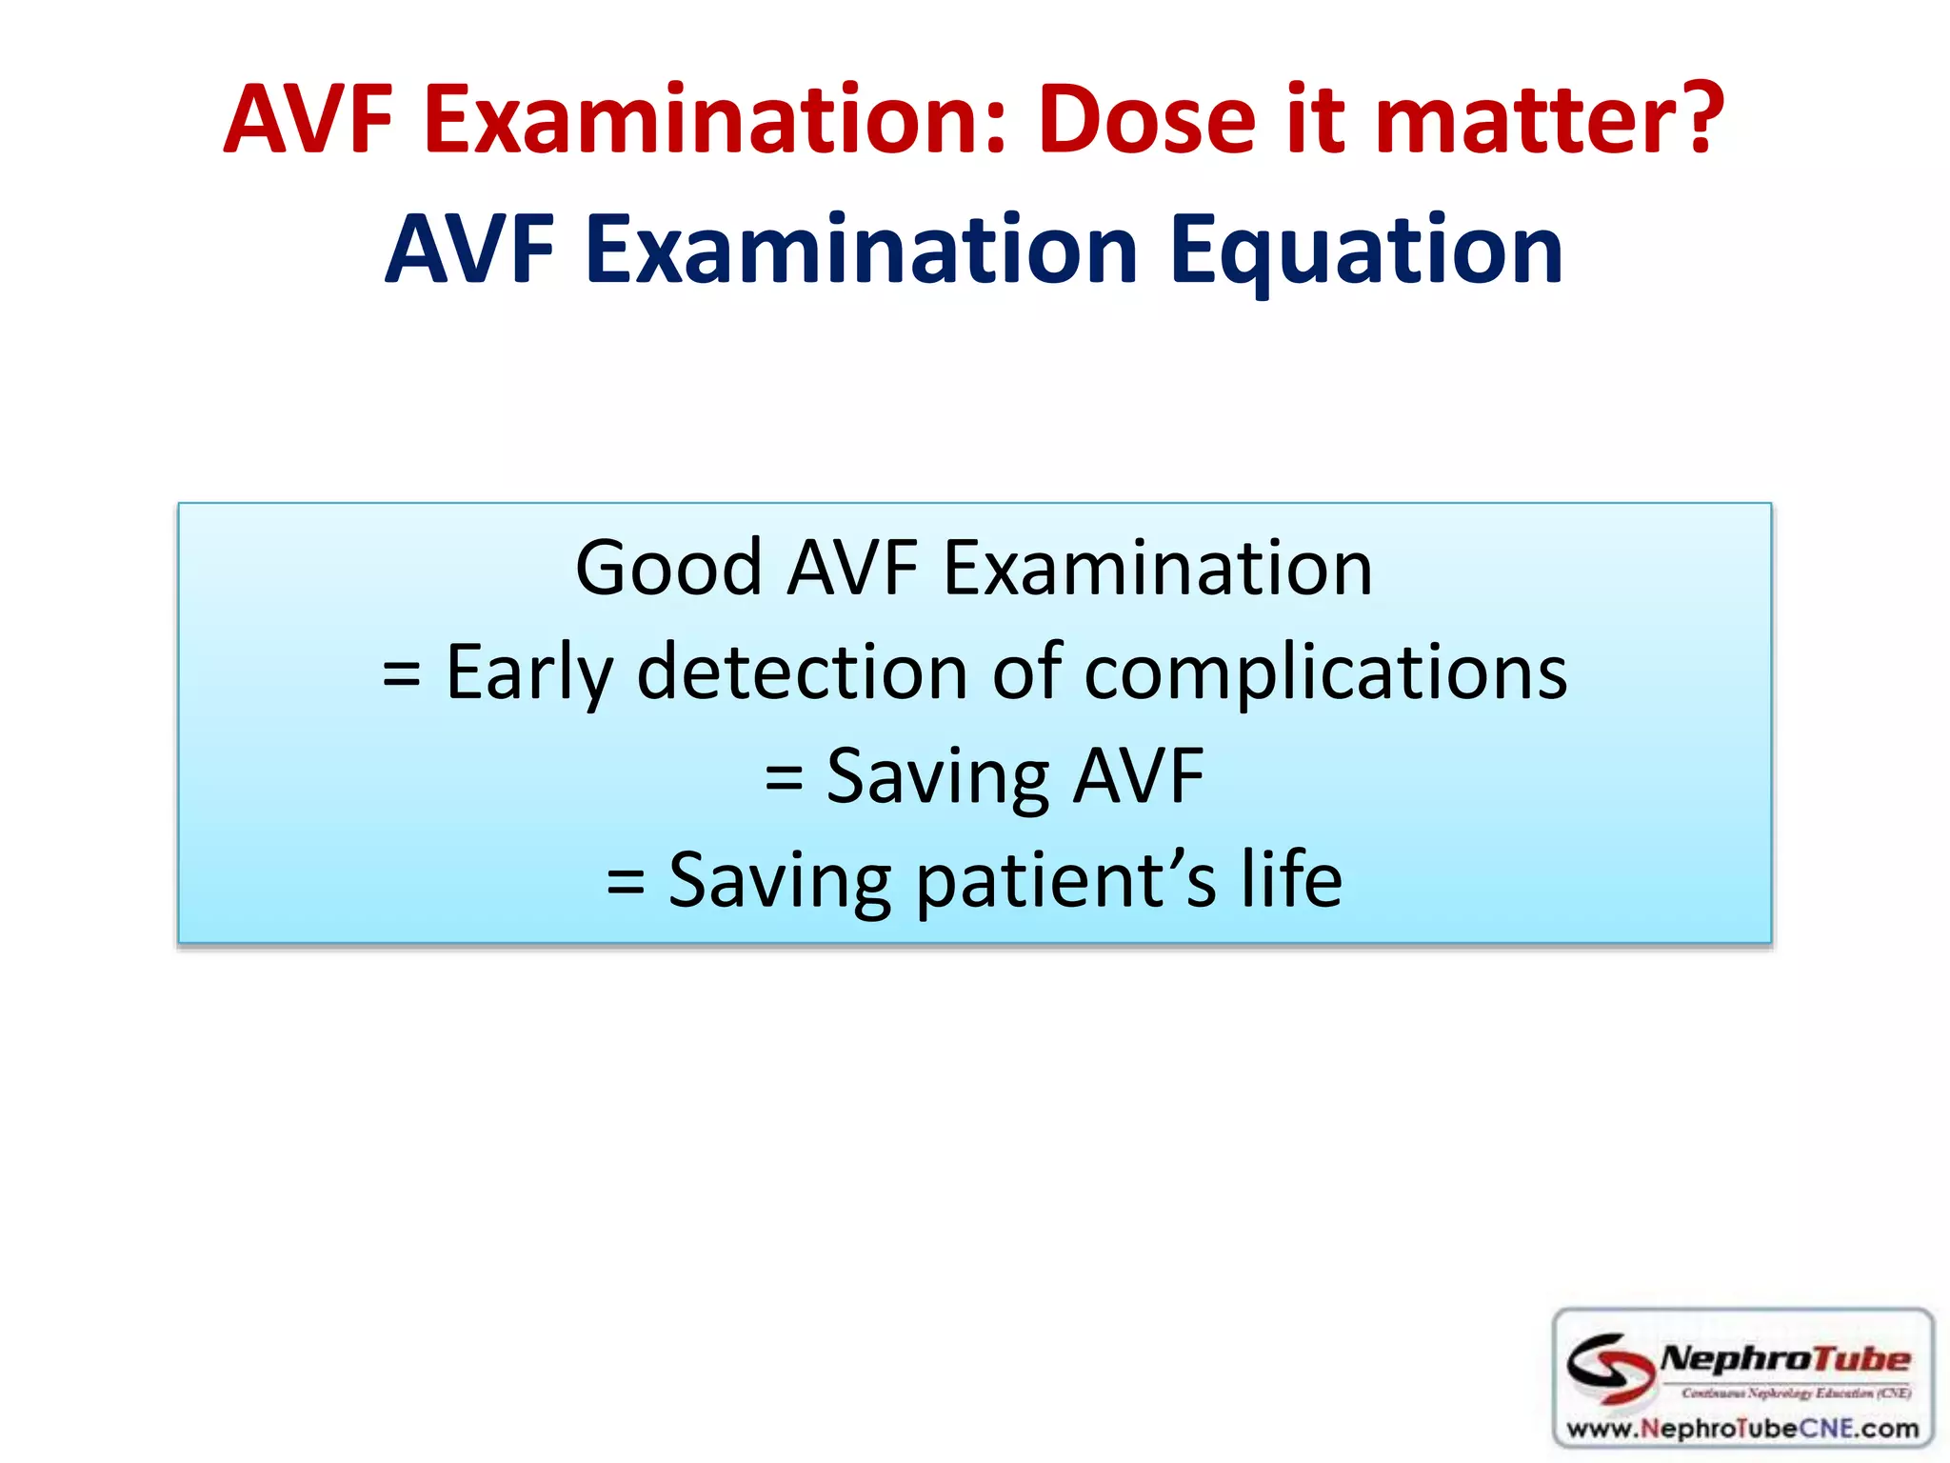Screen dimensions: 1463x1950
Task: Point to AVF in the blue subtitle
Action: click(470, 250)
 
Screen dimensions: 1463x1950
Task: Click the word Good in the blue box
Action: click(668, 568)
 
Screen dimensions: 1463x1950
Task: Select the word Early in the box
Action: click(529, 672)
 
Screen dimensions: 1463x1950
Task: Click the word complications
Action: click(1325, 672)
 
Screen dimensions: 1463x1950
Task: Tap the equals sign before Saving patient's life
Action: click(626, 882)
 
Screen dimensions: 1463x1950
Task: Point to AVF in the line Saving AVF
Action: click(1139, 776)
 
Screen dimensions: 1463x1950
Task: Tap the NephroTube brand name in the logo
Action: click(1784, 1359)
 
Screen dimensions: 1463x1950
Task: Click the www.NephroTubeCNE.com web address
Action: click(1742, 1428)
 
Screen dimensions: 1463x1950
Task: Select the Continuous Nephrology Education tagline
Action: click(1796, 1393)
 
